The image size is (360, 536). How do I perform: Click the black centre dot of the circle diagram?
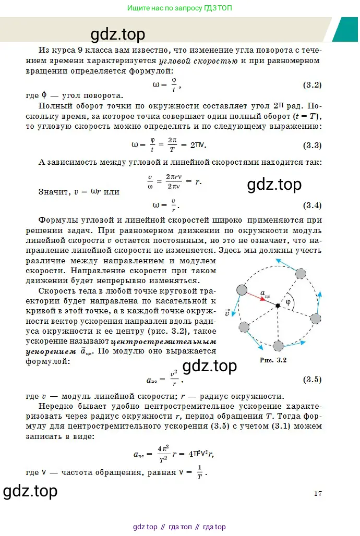[278, 305]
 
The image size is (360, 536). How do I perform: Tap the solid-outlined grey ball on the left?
[242, 290]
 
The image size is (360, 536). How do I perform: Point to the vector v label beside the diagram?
[227, 313]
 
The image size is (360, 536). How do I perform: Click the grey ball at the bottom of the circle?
[278, 346]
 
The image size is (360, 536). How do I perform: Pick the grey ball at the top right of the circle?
[301, 274]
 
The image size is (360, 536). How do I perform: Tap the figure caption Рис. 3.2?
[273, 360]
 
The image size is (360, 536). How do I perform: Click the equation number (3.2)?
[313, 84]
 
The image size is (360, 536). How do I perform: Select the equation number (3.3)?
[313, 145]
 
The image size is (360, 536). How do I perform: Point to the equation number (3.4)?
[313, 204]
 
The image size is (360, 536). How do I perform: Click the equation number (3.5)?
[313, 380]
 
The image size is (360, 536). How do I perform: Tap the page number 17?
[318, 493]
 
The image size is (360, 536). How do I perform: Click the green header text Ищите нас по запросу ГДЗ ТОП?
[180, 8]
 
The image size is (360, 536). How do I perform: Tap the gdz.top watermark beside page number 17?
[30, 491]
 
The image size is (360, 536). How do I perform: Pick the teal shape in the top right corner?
[345, 29]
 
